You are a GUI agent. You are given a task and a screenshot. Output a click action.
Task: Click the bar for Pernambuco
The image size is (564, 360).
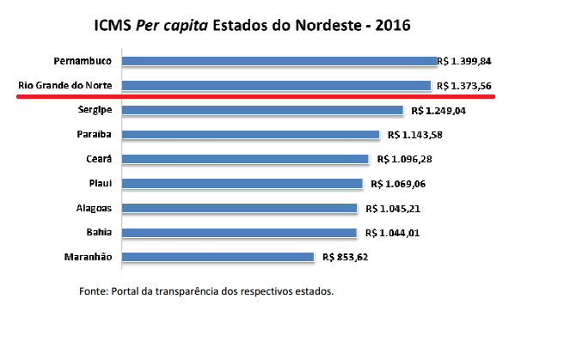coord(280,61)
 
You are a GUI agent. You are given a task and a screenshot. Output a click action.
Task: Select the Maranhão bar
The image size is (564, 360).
coord(218,257)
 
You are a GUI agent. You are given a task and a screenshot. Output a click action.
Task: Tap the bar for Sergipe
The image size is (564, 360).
coord(263,110)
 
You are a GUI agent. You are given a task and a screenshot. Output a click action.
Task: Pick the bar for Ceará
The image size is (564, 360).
coord(246,159)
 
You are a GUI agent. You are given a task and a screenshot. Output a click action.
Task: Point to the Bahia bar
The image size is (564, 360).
coord(240,233)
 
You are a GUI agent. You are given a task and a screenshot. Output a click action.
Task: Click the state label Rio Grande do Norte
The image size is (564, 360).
coord(65,86)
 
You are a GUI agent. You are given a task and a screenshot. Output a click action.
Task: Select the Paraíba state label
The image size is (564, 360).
coord(92,135)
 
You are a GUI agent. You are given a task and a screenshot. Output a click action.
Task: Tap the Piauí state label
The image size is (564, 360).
coord(99,184)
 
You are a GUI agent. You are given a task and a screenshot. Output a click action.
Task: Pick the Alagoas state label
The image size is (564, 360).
coord(95,208)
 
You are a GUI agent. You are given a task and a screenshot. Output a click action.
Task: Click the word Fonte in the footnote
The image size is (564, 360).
coord(93,291)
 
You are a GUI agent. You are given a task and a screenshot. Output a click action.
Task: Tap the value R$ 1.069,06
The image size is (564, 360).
coord(399,184)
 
